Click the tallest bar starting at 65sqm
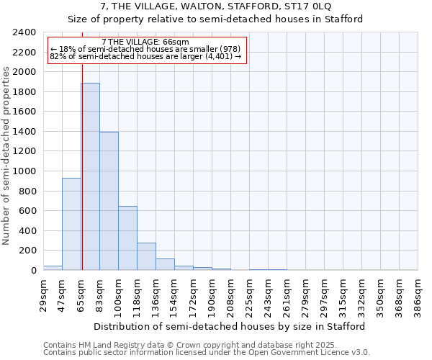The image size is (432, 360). click(90, 176)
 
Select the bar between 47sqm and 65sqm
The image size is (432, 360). click(71, 224)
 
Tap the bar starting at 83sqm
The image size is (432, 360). click(109, 201)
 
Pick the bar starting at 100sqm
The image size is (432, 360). click(127, 238)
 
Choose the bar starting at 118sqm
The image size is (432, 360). click(146, 256)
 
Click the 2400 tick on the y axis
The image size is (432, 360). click(24, 32)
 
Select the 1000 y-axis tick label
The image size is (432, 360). click(24, 171)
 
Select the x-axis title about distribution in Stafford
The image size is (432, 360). click(230, 326)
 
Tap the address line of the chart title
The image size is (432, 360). click(215, 6)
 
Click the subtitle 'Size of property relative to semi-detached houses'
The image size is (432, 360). click(215, 19)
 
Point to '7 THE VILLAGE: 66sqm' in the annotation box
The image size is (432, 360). click(145, 42)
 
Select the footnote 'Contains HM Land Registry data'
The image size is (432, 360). click(205, 345)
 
